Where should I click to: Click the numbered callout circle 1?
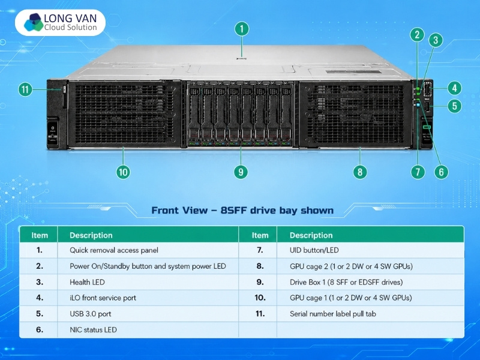coord(242,29)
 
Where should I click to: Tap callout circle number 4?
coord(455,88)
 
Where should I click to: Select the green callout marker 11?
coord(25,89)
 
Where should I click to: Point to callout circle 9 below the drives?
coord(241,172)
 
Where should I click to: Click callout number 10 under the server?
coord(123,172)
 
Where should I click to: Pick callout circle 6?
coord(441,172)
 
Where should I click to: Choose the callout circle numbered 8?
coord(360,172)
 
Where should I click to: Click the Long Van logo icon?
coord(34,22)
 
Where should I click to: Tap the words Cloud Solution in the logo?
coord(70,28)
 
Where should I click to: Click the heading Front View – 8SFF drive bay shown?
coord(242,211)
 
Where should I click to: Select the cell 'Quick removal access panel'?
coord(114,250)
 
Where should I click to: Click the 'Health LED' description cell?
coord(87,282)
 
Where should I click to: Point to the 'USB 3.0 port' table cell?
coord(91,314)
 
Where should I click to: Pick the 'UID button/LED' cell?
coord(314,250)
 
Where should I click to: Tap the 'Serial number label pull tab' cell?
coord(333,314)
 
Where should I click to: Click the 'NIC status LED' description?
coord(93,329)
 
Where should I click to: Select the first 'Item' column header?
coord(40,235)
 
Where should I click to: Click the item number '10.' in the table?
coord(260,298)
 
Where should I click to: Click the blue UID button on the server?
coord(418,105)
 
